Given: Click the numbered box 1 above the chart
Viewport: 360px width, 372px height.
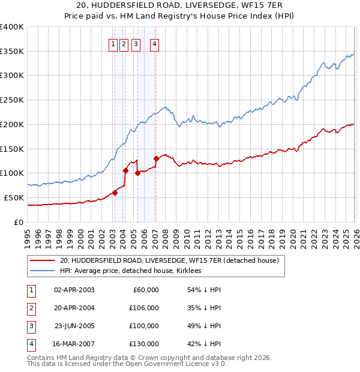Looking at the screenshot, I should (113, 43).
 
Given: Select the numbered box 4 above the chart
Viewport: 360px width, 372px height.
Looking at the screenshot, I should (154, 43).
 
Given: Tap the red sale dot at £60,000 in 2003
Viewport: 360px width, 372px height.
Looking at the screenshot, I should (115, 193).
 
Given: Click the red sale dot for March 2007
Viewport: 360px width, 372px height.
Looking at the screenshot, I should (156, 158).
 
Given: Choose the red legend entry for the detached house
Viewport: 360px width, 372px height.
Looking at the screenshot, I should (169, 261).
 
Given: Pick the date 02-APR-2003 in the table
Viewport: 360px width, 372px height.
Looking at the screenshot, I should (74, 290).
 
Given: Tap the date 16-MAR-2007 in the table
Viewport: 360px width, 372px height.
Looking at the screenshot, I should (74, 344).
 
